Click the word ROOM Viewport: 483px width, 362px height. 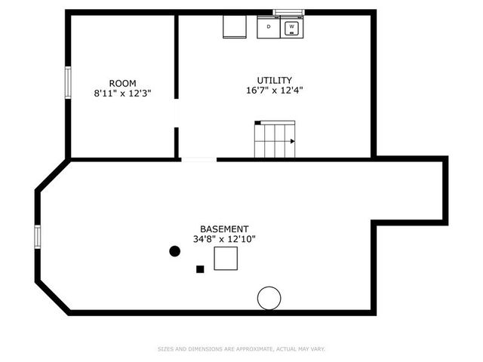(123, 83)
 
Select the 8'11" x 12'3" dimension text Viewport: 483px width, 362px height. (123, 94)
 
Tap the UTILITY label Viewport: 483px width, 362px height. (275, 80)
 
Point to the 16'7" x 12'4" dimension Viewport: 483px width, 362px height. (275, 90)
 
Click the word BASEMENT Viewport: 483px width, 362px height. (224, 229)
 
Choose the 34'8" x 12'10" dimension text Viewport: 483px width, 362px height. (224, 240)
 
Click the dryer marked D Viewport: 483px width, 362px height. (268, 28)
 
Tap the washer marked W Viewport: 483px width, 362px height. (291, 28)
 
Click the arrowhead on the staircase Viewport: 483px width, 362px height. (292, 140)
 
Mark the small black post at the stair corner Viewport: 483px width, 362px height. (257, 122)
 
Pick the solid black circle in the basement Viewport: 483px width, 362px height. (175, 251)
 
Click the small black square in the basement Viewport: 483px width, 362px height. (200, 268)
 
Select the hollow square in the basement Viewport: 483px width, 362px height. (226, 258)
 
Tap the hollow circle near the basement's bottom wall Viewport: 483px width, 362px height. (269, 298)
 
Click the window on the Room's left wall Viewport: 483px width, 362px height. (68, 83)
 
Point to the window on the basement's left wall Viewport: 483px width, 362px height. (37, 236)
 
